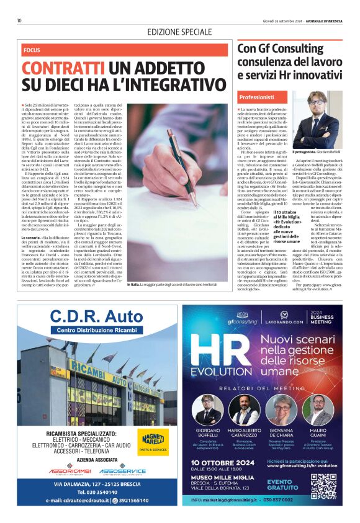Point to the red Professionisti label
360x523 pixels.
(257, 98)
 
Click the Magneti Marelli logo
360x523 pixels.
(152, 440)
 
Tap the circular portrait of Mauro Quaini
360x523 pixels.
(318, 408)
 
